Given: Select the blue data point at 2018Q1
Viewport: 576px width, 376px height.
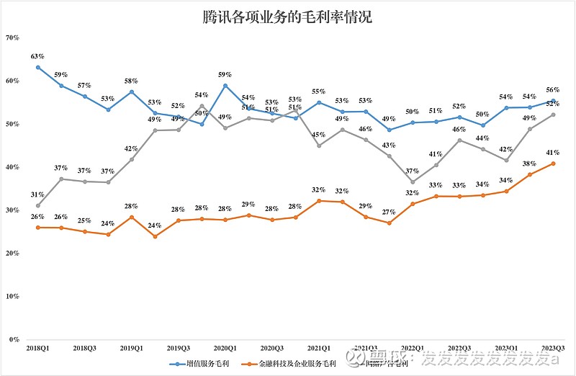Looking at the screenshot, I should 37,68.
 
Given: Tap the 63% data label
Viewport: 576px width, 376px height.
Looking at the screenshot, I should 37,55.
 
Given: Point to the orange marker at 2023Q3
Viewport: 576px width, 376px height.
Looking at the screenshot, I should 553,164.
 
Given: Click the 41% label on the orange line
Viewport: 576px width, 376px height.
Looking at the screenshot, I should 553,152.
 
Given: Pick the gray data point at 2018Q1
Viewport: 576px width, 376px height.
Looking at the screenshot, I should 37,205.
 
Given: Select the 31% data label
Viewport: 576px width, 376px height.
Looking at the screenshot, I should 37,194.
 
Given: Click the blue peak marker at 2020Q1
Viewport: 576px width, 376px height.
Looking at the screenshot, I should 225,86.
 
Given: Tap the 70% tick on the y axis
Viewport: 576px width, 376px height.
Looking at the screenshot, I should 12,37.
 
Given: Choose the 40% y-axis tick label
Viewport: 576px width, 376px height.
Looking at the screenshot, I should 12,167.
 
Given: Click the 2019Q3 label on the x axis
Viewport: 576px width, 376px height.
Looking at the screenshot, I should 179,347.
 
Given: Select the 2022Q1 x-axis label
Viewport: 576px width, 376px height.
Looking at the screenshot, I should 413,347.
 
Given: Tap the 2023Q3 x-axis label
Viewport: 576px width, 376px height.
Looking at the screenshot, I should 553,347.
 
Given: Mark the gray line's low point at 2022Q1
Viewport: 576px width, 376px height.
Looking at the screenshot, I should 413,182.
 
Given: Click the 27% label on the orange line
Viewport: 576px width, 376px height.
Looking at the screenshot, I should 390,212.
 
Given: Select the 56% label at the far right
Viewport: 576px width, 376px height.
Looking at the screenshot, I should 553,90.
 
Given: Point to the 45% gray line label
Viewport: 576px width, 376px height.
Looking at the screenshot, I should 319,134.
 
